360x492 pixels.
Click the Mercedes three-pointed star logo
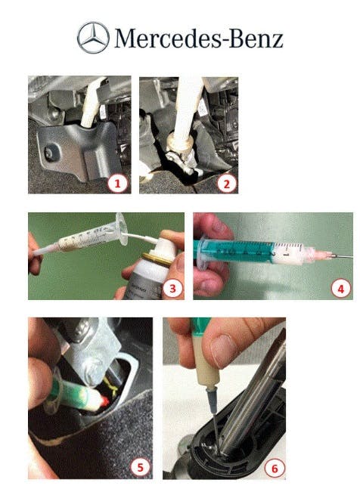tap(92, 38)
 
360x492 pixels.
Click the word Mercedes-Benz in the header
tap(198, 38)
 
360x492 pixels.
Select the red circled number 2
tap(224, 181)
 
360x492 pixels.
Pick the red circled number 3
tap(173, 287)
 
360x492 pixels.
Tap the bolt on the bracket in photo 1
tap(50, 151)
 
